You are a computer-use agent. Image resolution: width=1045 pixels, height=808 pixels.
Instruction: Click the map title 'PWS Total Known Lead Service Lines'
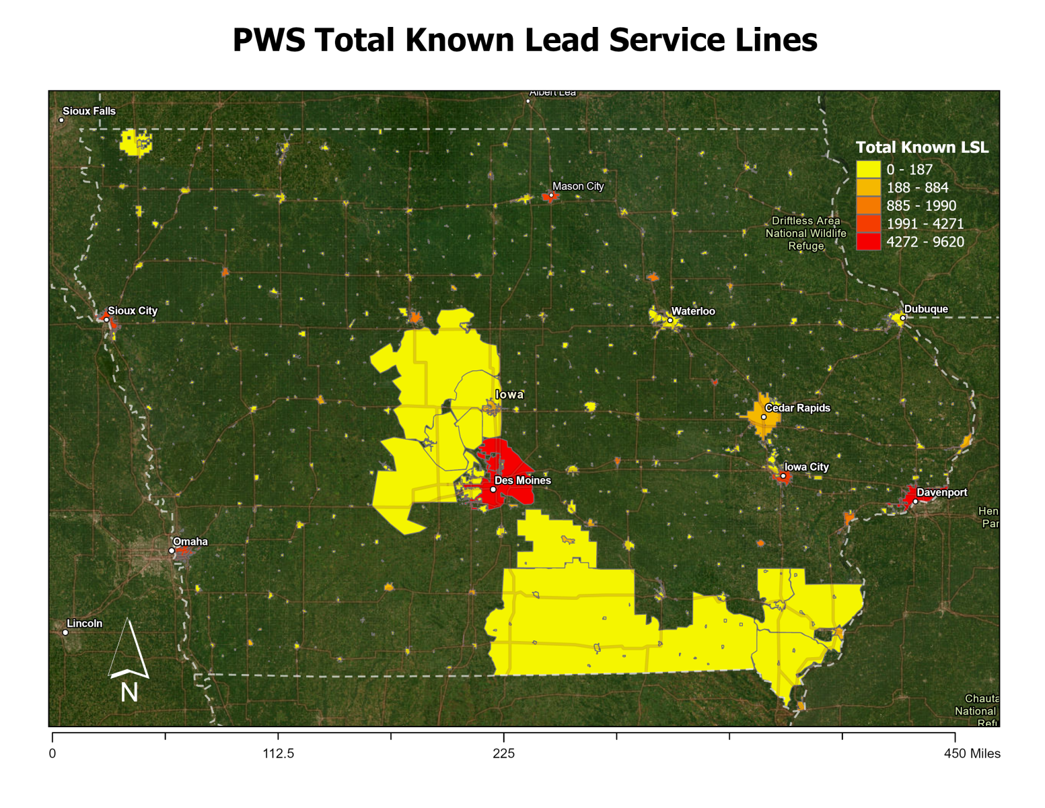(x=524, y=40)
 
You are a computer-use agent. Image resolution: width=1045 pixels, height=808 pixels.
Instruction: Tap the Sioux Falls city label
(x=89, y=111)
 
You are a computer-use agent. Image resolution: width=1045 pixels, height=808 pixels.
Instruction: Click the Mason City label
(x=578, y=187)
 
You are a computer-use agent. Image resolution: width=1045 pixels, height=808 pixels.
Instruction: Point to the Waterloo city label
(x=693, y=311)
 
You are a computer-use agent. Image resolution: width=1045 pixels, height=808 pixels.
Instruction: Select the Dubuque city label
(x=926, y=309)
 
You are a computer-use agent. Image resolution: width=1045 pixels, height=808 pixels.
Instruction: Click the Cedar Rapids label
(x=797, y=408)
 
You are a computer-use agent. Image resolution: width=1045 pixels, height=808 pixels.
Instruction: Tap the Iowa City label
(x=807, y=467)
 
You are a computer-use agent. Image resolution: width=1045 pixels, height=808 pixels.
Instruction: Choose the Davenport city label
(x=942, y=492)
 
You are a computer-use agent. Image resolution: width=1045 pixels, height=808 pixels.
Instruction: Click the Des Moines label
(x=522, y=480)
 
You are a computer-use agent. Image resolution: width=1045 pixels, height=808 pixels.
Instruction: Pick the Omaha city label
(x=190, y=541)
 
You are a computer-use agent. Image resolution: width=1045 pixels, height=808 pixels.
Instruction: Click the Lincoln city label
(x=85, y=624)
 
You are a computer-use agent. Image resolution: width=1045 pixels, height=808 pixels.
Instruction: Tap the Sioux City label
(x=133, y=310)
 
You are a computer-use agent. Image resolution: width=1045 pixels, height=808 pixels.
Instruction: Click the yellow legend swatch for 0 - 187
(x=868, y=170)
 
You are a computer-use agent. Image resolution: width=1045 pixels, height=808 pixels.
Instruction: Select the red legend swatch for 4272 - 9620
(x=868, y=242)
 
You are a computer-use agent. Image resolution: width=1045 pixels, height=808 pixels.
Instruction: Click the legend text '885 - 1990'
(x=921, y=205)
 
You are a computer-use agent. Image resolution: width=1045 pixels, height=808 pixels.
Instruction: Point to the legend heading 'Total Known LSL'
(x=922, y=147)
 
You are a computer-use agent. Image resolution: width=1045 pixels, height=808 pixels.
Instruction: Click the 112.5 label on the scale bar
(x=279, y=753)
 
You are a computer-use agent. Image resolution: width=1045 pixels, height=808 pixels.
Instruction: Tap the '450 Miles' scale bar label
(x=972, y=753)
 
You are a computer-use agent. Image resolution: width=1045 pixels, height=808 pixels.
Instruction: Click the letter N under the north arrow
(x=129, y=692)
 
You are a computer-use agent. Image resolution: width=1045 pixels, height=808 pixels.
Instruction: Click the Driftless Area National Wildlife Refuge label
(x=805, y=233)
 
